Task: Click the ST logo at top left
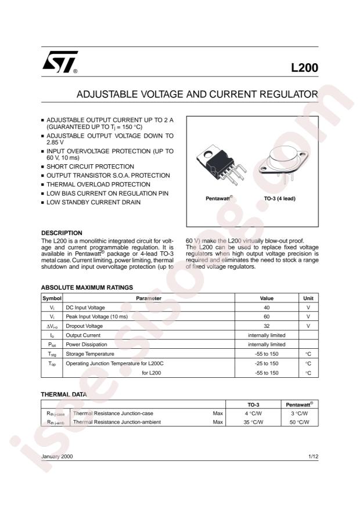(58, 65)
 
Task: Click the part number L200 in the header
(304, 67)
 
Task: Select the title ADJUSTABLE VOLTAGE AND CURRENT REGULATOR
(197, 94)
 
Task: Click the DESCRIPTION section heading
(62, 233)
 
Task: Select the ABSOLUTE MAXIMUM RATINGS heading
(87, 287)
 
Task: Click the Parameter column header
(149, 298)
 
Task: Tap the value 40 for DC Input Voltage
(267, 308)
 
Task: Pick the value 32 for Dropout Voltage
(267, 326)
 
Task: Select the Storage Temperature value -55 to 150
(267, 354)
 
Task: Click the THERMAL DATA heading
(64, 394)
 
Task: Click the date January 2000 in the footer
(57, 457)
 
